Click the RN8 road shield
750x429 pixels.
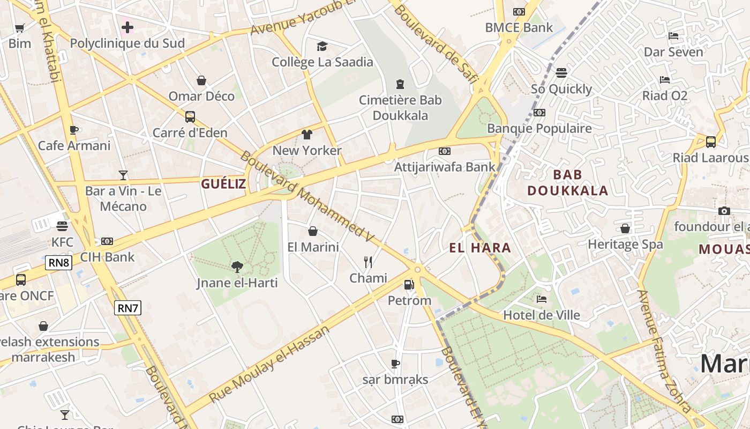[x=59, y=262]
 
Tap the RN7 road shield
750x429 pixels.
[x=128, y=307]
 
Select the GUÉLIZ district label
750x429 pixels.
[x=223, y=184]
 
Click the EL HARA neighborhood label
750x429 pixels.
[x=479, y=248]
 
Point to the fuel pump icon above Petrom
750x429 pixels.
[x=409, y=284]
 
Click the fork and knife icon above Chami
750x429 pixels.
[x=368, y=262]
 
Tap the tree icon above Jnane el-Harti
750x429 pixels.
[x=237, y=267]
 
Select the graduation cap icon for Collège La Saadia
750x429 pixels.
[x=322, y=46]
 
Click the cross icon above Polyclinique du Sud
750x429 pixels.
[x=127, y=27]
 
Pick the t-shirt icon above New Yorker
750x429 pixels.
[x=306, y=134]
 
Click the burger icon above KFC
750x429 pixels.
[x=62, y=226]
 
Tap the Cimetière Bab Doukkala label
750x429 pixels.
[x=400, y=107]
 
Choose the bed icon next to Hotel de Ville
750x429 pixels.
[x=542, y=299]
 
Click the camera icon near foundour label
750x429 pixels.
[x=724, y=211]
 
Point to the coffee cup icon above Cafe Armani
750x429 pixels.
[x=74, y=130]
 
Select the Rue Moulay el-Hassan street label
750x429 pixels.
[x=269, y=365]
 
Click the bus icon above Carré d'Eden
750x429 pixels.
[x=190, y=116]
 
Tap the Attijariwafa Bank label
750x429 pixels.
[x=445, y=167]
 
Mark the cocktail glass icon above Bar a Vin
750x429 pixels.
[x=123, y=175]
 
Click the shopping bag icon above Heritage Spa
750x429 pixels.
[x=625, y=228]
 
